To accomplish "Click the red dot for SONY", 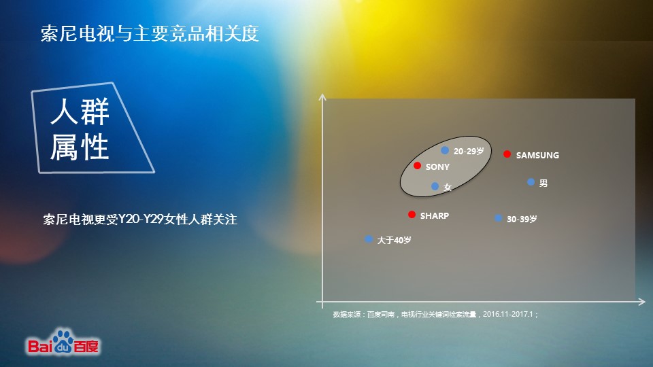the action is [417, 166].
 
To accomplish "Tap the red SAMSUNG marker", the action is [507, 154].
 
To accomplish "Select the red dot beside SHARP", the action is [412, 214].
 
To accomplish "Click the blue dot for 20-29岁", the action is [445, 150].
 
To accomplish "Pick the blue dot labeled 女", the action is [435, 186].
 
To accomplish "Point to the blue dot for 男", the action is [531, 182].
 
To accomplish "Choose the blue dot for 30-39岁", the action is [498, 218].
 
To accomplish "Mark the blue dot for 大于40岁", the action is [368, 239].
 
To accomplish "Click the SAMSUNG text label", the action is [537, 155].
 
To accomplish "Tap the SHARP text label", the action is [435, 215].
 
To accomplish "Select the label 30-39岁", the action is [522, 219].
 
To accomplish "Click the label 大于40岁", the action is [394, 240].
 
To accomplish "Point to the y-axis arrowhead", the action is [322, 97].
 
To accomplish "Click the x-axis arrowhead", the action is [641, 302].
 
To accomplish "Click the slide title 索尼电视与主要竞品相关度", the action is [150, 33].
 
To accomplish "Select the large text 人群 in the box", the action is [80, 111].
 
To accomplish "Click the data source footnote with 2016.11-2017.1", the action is [435, 314].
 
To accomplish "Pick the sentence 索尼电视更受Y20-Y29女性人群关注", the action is [140, 219].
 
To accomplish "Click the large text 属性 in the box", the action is [80, 147].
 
